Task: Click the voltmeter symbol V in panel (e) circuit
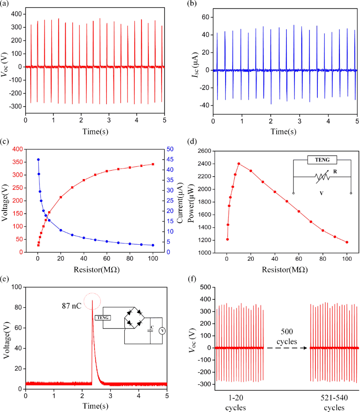[163, 331]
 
